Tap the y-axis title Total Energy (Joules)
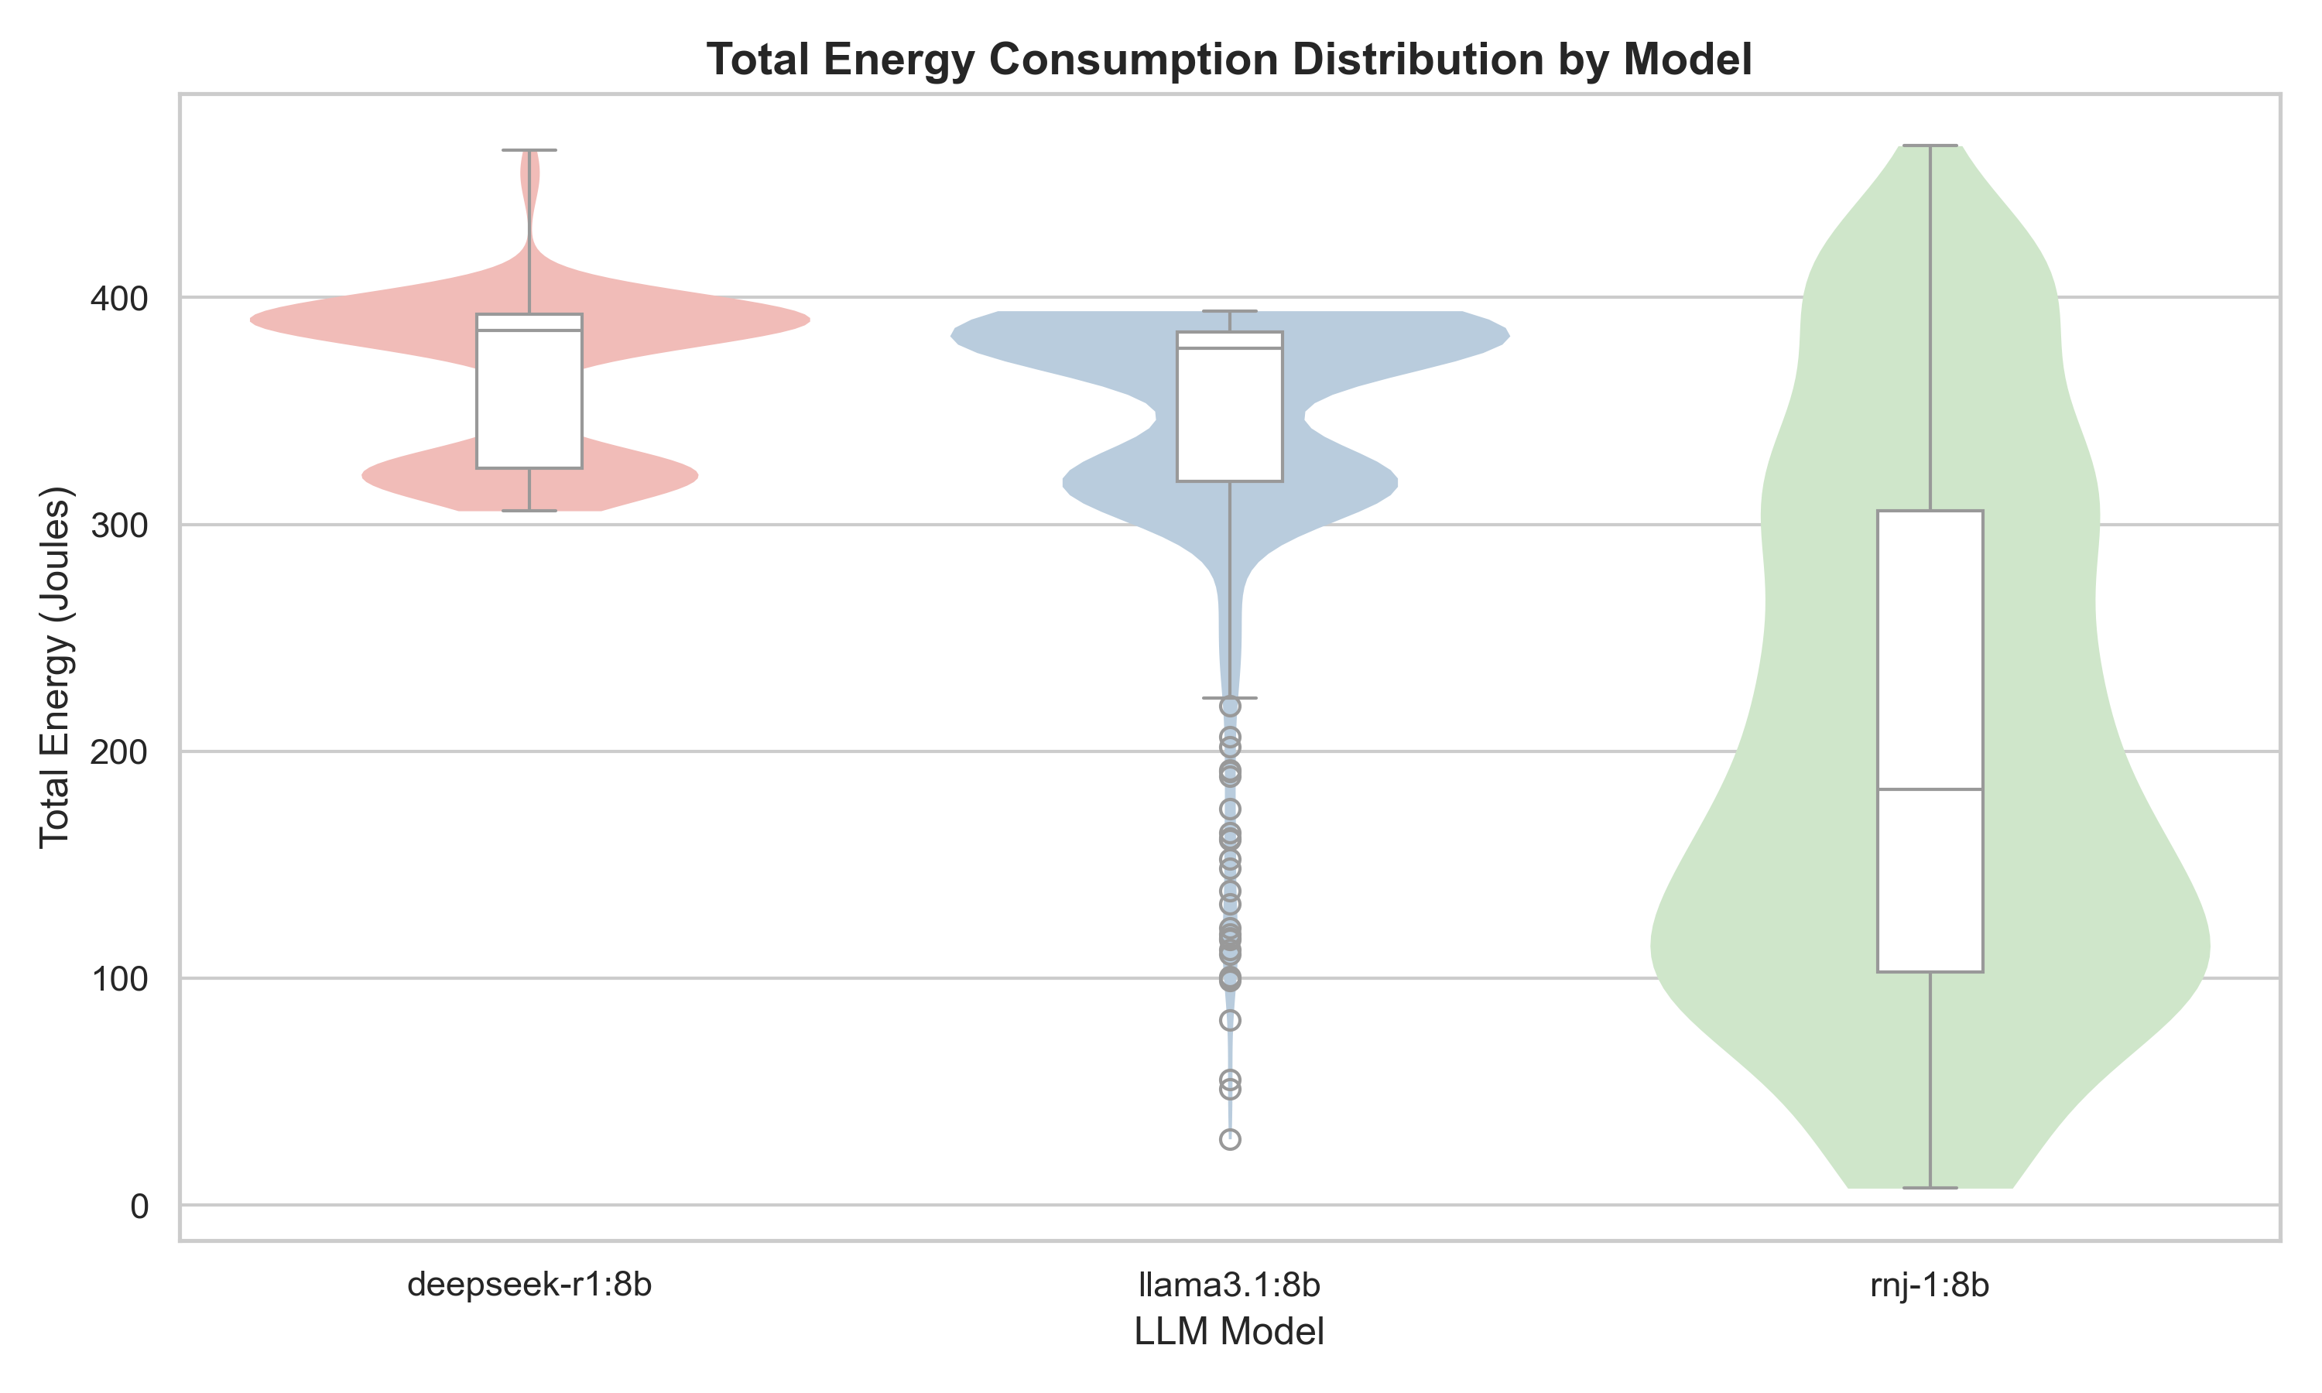[x=54, y=667]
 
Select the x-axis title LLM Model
[x=1228, y=1331]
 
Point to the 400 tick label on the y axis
[x=119, y=299]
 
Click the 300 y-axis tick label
[x=119, y=525]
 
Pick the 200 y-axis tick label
[x=119, y=752]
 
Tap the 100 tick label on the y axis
[x=119, y=979]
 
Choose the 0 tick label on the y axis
[x=139, y=1206]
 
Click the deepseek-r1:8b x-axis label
[x=529, y=1284]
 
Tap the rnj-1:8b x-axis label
[x=1930, y=1284]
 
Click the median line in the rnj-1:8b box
[x=1930, y=789]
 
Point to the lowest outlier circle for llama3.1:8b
[x=1230, y=1140]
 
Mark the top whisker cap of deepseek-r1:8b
[x=529, y=150]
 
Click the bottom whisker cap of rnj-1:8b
[x=1930, y=1189]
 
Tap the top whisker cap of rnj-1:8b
[x=1930, y=145]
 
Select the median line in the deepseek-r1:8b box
[x=529, y=330]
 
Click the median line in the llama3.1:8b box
[x=1230, y=348]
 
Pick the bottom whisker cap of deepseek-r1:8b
[x=529, y=511]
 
